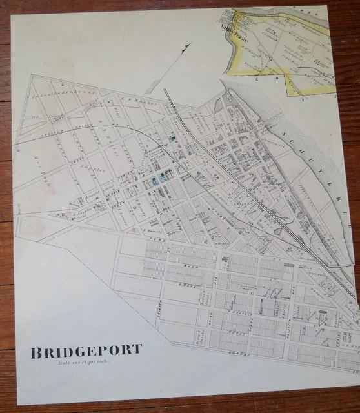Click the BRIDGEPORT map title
86,351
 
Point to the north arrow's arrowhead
188,46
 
